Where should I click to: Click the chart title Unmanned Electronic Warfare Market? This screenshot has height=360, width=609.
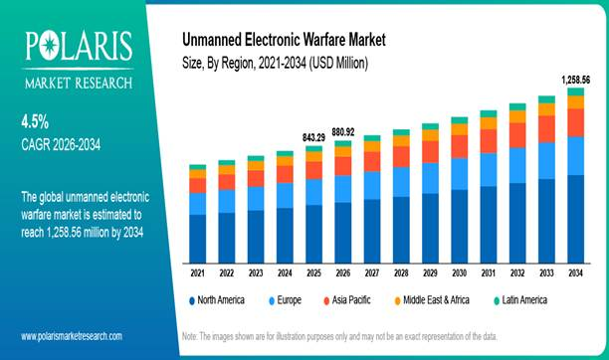(283, 41)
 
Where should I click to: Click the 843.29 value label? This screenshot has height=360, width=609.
(313, 137)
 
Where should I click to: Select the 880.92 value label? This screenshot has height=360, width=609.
(343, 130)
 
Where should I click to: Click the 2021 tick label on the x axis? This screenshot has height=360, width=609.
(198, 272)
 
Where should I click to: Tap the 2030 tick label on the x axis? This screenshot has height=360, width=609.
(459, 272)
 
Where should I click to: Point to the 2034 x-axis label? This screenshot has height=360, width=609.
(575, 272)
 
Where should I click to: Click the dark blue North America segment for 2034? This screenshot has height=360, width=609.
(575, 218)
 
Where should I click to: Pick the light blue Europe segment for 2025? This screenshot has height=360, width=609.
(313, 192)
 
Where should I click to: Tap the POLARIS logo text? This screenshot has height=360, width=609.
(76, 45)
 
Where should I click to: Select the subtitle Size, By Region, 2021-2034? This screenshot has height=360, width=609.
(276, 64)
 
